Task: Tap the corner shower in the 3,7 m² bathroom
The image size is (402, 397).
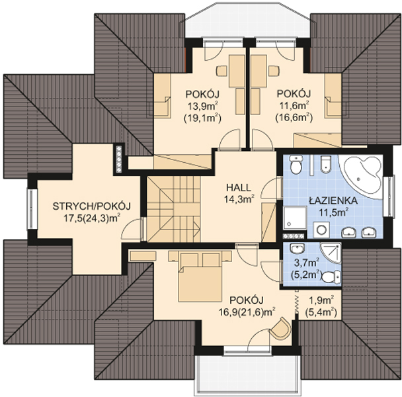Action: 329,252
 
